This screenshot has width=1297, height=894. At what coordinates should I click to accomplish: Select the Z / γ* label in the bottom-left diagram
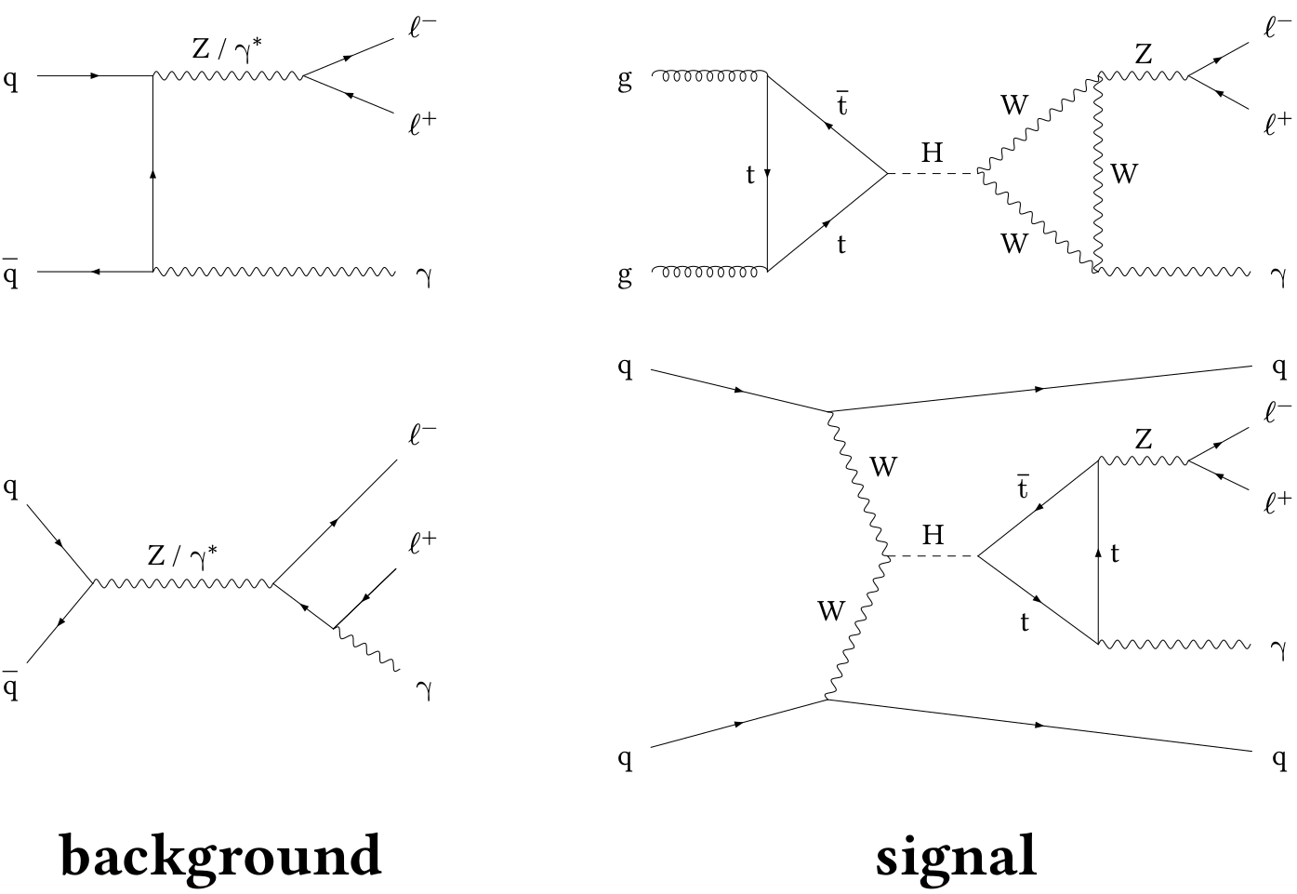(x=183, y=555)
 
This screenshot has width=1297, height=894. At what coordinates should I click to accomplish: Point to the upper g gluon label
(x=625, y=80)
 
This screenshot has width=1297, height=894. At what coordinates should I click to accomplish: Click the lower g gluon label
(x=625, y=276)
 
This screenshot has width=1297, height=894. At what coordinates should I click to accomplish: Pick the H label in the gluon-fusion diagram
(x=932, y=152)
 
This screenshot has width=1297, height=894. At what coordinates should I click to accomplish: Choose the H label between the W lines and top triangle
(x=933, y=534)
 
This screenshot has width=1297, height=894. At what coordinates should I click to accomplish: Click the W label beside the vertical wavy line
(x=1124, y=173)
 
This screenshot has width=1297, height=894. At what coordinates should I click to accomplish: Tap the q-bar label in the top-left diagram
(x=10, y=274)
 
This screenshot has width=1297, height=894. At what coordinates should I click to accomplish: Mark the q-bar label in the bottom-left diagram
(x=10, y=687)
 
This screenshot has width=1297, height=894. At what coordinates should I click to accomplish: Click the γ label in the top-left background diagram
(x=425, y=275)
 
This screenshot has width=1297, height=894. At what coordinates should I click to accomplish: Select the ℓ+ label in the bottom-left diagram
(x=422, y=542)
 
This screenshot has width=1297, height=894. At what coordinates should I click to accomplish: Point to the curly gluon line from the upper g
(x=710, y=73)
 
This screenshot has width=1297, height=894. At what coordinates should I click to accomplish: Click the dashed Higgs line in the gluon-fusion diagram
(x=932, y=173)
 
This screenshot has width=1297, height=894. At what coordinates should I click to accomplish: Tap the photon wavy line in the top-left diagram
(x=274, y=272)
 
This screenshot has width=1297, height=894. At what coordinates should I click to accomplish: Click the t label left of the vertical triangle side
(x=750, y=174)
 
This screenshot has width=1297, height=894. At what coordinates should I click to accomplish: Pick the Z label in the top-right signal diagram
(x=1143, y=54)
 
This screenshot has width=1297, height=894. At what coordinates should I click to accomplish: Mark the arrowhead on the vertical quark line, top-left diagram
(x=152, y=174)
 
